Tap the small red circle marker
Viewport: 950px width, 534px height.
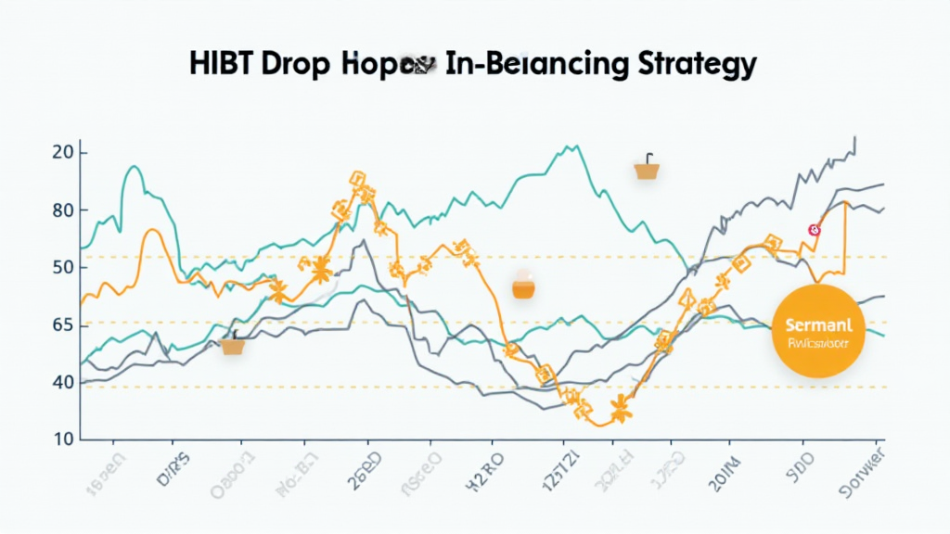[815, 229]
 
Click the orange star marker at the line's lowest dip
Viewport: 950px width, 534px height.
[621, 408]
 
